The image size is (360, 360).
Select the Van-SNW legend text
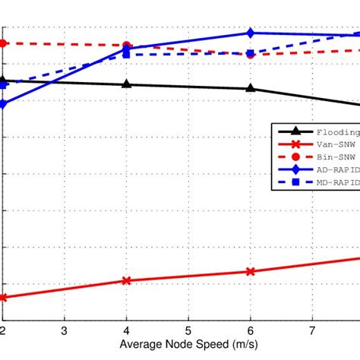click(333, 144)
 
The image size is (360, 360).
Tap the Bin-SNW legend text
click(333, 156)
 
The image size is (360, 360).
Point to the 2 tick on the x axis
click(3, 330)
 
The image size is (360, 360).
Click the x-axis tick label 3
click(65, 330)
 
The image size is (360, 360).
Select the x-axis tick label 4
click(126, 330)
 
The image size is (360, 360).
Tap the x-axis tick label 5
click(188, 330)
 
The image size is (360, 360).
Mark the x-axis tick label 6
click(250, 330)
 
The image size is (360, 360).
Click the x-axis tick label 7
click(312, 330)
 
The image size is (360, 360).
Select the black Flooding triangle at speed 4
click(126, 84)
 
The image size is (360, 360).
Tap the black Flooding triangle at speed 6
click(250, 88)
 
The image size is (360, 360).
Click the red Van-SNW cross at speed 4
click(126, 280)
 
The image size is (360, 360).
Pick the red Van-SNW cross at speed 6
click(250, 271)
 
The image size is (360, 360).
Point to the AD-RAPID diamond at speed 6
click(250, 33)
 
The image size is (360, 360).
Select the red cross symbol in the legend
click(295, 144)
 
